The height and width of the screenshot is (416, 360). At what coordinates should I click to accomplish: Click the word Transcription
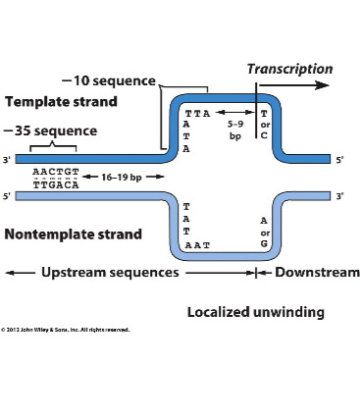(x=289, y=69)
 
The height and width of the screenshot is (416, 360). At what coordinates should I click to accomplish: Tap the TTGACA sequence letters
(x=49, y=182)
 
